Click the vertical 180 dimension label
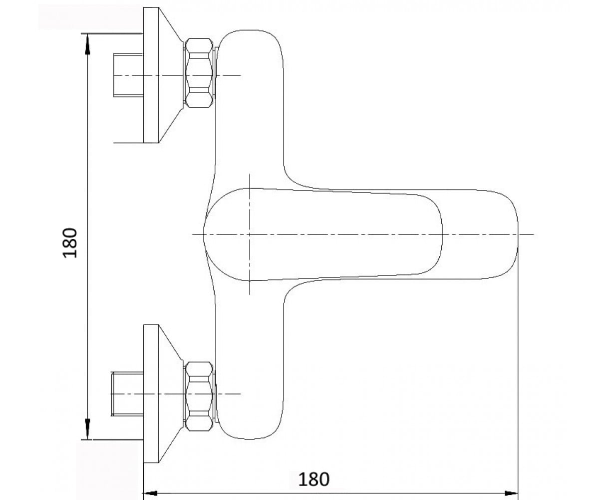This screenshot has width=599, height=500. point(70,243)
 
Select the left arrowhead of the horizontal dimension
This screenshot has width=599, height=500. point(150,493)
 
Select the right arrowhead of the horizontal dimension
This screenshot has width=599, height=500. point(511,493)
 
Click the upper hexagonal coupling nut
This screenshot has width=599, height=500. point(199,73)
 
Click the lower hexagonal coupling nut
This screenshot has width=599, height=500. point(199,396)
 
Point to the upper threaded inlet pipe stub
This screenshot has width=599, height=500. point(128,75)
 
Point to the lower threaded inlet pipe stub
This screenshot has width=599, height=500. point(127,393)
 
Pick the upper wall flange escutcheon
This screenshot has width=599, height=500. point(163,75)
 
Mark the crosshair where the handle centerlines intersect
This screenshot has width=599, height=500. point(250,234)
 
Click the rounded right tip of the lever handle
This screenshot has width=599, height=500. point(442,234)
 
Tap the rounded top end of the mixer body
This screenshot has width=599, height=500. point(249,30)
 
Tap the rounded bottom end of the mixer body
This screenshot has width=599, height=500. point(249,439)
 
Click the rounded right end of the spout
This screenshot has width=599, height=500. point(518,234)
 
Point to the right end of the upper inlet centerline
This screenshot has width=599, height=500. point(241,75)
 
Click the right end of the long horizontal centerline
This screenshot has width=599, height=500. point(534,234)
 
